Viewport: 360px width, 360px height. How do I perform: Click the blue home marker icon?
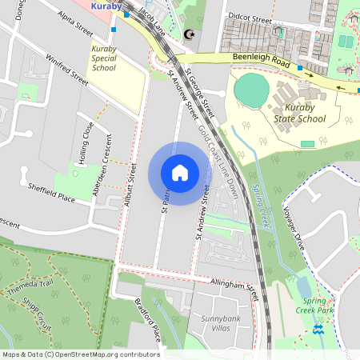(180, 173)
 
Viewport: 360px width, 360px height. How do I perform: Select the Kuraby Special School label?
(104, 58)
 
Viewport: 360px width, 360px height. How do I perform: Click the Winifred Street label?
(66, 69)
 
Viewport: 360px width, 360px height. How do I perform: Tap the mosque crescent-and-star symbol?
(190, 35)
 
